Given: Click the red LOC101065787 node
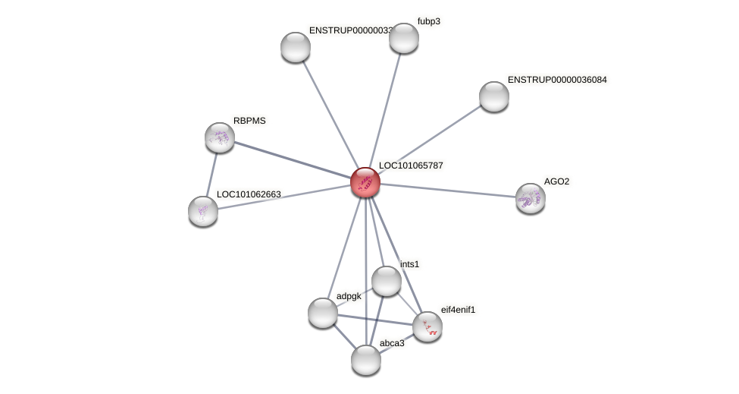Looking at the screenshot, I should tap(365, 182).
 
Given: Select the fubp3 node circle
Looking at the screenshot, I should tap(404, 38).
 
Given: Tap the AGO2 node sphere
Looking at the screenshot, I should tap(530, 198).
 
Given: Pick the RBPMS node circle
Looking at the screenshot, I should tap(220, 137).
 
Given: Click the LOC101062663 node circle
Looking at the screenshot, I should tap(203, 210).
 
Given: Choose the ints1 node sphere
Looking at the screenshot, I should tap(386, 281).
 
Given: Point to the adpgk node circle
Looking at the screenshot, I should tap(323, 312).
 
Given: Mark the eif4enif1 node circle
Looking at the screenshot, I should tap(427, 326).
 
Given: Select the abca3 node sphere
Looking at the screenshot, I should tap(366, 359).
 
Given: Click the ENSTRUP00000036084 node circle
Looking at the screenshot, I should tap(494, 96).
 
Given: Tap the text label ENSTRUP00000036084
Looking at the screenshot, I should tap(557, 80).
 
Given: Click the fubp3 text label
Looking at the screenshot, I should tap(428, 21).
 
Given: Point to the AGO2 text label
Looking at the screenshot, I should tap(556, 181).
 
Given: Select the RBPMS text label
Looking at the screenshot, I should tap(249, 121).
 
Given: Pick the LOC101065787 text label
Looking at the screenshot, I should tap(411, 165).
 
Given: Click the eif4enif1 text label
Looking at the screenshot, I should tap(459, 310).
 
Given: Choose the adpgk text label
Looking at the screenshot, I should tap(349, 296).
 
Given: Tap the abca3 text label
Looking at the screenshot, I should tap(393, 343).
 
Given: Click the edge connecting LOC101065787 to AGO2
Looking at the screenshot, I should tap(447, 190).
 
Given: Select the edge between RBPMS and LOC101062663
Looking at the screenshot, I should tap(211, 174).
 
